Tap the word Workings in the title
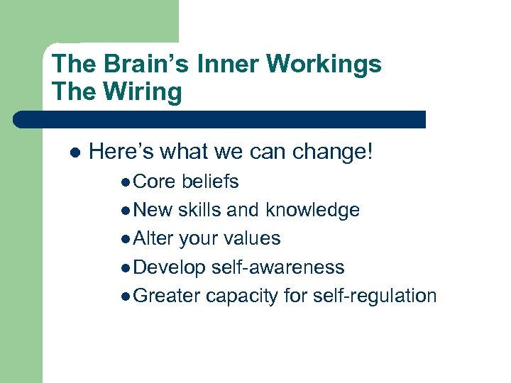point(325,64)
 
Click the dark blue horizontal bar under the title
point(220,119)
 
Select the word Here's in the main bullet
point(121,151)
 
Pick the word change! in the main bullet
point(332,151)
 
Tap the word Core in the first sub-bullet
point(154,182)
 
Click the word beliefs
point(210,182)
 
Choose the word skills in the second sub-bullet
point(200,210)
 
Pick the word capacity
point(241,295)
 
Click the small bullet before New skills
point(126,211)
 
